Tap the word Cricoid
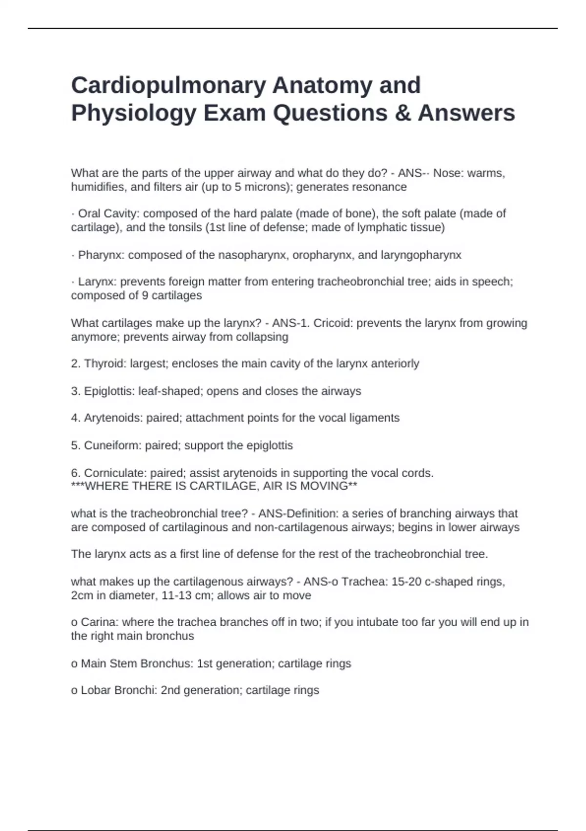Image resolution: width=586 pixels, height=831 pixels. pyautogui.click(x=334, y=323)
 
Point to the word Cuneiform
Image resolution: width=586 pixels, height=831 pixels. pyautogui.click(x=111, y=445)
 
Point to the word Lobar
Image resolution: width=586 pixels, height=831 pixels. pyautogui.click(x=96, y=690)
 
